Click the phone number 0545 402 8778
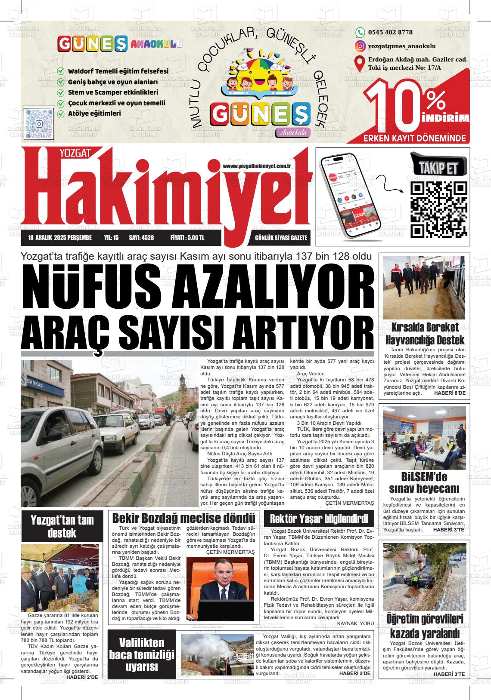(390, 32)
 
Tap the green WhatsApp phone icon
(360, 32)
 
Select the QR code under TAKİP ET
(439, 210)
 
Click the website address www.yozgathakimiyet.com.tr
(257, 166)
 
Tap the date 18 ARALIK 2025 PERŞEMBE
(60, 238)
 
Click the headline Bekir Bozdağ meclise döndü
(183, 518)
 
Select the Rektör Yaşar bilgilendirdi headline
(318, 518)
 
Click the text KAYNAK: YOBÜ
(356, 623)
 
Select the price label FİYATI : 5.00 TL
(187, 238)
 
